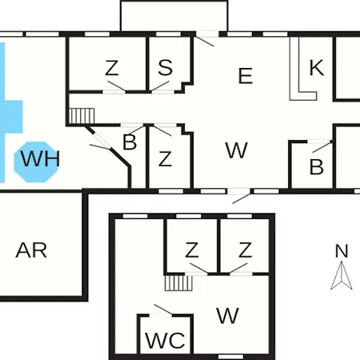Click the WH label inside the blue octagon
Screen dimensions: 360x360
tap(40, 159)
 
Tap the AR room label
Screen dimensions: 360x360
tap(31, 250)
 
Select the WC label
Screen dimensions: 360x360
tap(165, 340)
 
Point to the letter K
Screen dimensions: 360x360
tap(317, 68)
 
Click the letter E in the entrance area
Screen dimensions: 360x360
tap(246, 76)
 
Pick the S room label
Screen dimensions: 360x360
tap(166, 67)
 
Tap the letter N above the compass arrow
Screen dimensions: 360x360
tap(342, 251)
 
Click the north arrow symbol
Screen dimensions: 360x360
tap(342, 275)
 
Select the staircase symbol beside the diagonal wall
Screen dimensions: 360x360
tap(82, 116)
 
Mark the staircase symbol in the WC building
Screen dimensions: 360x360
tap(178, 283)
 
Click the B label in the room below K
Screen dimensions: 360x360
tap(317, 167)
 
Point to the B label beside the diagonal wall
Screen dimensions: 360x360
tap(130, 142)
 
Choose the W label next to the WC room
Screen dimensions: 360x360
tap(227, 315)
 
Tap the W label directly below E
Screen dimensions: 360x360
tap(237, 150)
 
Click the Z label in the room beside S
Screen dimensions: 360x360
tap(112, 68)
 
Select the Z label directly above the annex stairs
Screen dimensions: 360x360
tap(192, 250)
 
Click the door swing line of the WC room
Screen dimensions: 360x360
tap(163, 310)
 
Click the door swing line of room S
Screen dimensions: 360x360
tap(160, 86)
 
